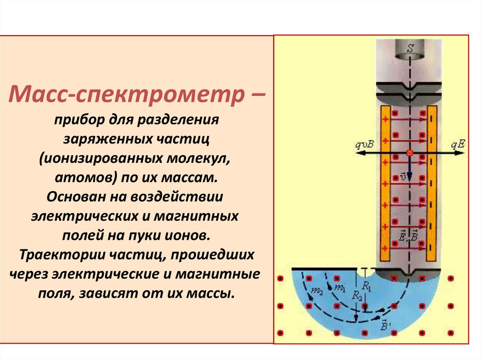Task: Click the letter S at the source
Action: (x=410, y=48)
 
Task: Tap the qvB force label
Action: (x=364, y=145)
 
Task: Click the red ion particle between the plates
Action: (x=410, y=153)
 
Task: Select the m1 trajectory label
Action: (x=340, y=286)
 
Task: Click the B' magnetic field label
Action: (x=385, y=325)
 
